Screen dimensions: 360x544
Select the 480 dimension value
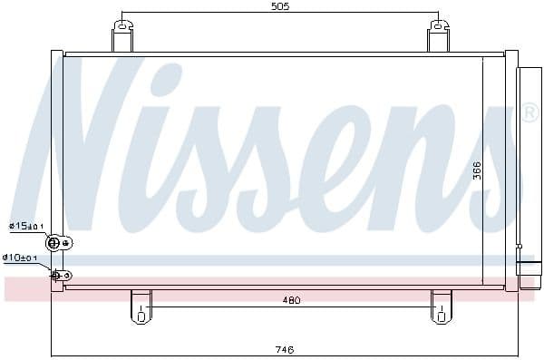289,300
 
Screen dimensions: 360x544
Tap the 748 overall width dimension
284,349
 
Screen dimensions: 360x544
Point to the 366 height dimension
477,170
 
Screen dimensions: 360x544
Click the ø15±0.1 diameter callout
26,227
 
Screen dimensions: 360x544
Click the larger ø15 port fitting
55,242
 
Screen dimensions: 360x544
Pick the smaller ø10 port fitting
56,275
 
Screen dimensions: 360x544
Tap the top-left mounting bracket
122,36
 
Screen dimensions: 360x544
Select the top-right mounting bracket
439,36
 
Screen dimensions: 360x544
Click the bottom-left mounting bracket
141,306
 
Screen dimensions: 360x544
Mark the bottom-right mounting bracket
442,306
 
